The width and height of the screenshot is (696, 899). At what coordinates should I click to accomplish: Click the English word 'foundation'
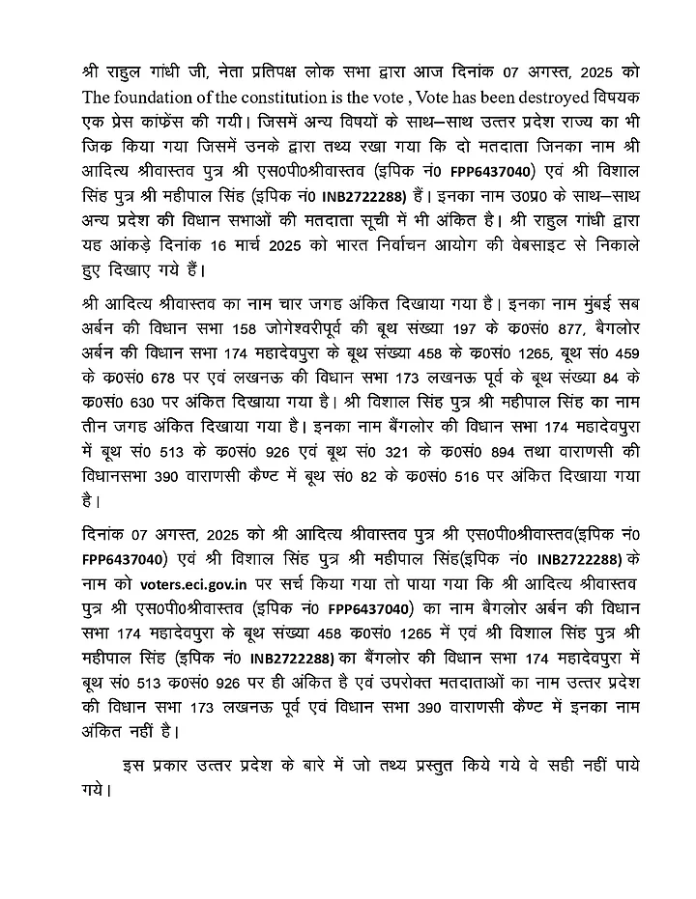pyautogui.click(x=154, y=97)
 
